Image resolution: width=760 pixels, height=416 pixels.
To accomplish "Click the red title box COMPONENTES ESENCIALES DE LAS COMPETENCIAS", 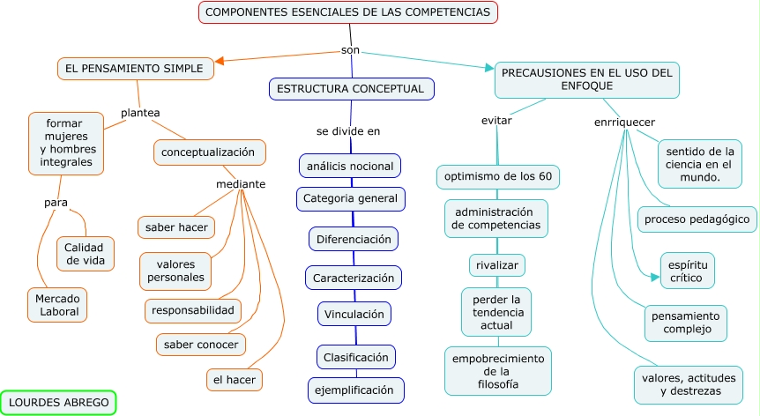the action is pos(348,12).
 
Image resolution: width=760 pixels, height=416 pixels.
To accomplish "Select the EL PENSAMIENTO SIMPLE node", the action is pos(135,68).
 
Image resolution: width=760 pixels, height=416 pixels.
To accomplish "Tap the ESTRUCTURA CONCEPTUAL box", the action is pos(352,89).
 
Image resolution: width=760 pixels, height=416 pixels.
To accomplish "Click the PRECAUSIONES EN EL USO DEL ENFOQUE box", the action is pos(587,80).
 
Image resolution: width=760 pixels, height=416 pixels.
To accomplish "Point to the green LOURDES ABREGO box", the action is pos(58,403).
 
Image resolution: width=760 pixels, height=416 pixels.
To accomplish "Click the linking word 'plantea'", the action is pos(140,113).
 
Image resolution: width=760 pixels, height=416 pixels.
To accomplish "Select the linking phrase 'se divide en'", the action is pos(348,131).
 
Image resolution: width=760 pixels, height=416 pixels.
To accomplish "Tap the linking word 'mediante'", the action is pos(241,184).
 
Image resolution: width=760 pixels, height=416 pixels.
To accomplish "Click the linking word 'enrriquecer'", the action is pos(624,122).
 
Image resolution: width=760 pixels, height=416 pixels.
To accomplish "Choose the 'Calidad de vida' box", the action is pos(86,254).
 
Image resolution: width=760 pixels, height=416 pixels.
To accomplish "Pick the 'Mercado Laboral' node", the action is pos(57,305).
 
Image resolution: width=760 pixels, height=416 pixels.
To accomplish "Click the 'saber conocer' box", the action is pos(201,345).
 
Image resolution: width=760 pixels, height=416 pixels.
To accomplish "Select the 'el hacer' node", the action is pos(235,380).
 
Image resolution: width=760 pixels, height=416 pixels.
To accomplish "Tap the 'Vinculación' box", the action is pos(354,315).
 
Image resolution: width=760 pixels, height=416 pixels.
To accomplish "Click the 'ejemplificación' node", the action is pos(356,390).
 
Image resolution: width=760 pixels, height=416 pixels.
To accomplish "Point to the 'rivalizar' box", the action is pos(496,265).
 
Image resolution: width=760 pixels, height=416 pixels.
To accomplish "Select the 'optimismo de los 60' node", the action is pos(498,177).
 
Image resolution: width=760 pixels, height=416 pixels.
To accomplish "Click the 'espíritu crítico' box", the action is pos(688,271).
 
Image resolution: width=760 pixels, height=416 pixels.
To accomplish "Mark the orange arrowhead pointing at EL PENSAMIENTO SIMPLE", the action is pos(219,61).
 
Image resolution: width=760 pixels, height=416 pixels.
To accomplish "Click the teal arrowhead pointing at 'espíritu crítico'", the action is pos(655,278).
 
